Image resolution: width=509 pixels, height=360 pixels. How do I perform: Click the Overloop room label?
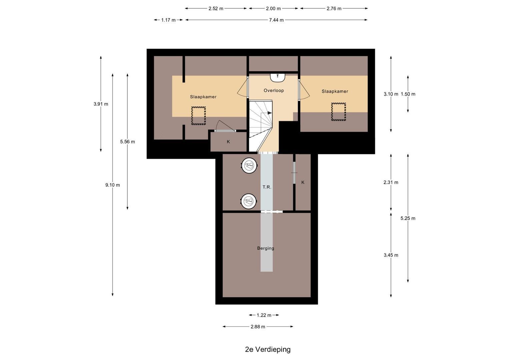(x=273, y=90)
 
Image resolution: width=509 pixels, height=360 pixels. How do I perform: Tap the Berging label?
(x=266, y=248)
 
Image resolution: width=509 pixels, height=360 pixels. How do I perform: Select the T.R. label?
(x=267, y=187)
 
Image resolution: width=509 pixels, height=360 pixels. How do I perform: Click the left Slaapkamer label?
(x=203, y=97)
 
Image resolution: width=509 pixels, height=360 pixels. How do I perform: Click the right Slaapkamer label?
(x=335, y=91)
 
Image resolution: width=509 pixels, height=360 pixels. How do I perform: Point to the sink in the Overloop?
(x=277, y=77)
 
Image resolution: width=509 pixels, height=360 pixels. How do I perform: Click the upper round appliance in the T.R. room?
(x=249, y=165)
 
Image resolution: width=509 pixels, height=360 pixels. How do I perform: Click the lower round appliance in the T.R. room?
(x=249, y=201)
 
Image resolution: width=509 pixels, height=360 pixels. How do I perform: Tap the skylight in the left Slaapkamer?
(x=198, y=116)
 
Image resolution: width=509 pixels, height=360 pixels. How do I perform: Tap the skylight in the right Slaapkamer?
(x=338, y=112)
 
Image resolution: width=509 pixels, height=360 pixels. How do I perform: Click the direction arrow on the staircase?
(x=269, y=113)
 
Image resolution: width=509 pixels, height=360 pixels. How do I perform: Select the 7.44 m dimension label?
(x=276, y=20)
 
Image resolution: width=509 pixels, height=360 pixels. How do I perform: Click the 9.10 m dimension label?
(x=112, y=185)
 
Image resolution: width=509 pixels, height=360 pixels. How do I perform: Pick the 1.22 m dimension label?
(x=264, y=315)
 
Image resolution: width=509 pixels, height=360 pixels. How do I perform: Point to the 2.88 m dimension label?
(x=258, y=327)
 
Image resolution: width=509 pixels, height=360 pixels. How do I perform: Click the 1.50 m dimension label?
(x=408, y=94)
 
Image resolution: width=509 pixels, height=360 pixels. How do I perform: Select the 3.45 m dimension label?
(x=391, y=255)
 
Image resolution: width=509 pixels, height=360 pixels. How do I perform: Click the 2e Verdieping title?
(x=268, y=349)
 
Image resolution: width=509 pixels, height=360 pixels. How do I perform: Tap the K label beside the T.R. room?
(x=303, y=182)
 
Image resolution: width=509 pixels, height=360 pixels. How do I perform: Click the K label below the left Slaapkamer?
(x=228, y=142)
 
